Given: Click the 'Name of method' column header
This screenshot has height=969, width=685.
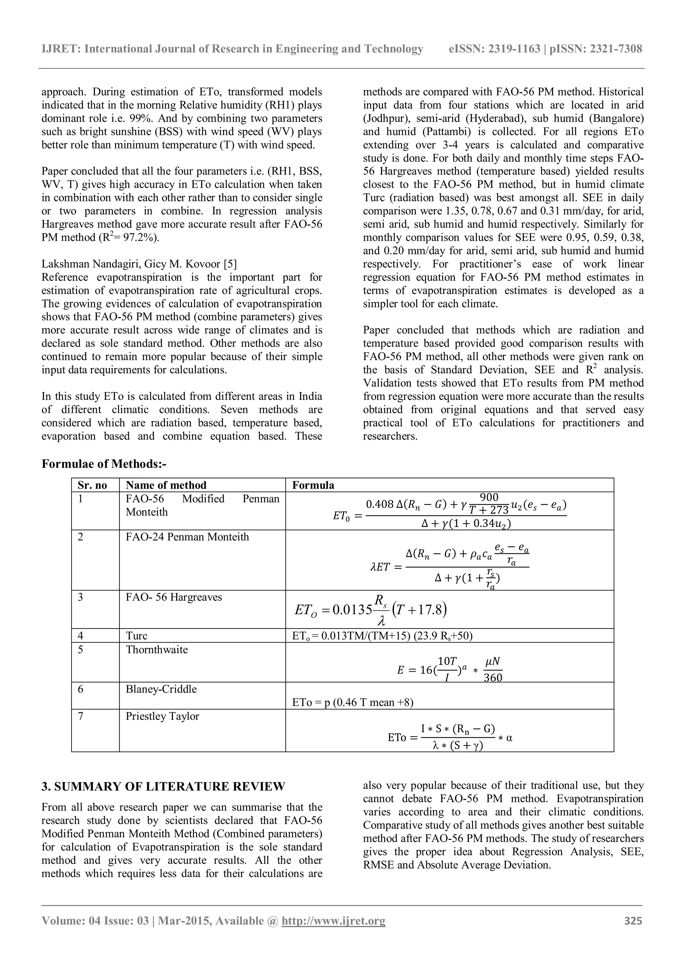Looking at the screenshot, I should [x=166, y=485].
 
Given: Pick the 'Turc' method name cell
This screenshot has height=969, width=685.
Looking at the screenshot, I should [x=137, y=636].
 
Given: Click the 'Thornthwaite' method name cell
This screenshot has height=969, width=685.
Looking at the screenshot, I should [x=157, y=650].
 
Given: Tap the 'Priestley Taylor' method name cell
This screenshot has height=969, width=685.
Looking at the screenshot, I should [x=162, y=716].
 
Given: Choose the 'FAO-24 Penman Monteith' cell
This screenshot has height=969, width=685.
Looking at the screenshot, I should [x=187, y=537].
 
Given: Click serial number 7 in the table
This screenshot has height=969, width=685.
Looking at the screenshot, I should [x=81, y=716].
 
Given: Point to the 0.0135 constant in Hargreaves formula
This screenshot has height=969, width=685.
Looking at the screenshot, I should [x=352, y=610].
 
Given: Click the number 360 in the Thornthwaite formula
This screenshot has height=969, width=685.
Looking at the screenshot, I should [x=493, y=677].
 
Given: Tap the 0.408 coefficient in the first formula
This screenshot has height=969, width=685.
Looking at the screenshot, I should [x=379, y=504].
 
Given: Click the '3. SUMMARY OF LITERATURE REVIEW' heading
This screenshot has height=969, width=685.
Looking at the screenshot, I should [x=163, y=787].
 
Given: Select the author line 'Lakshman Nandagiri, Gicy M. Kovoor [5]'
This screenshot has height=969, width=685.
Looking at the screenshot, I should [x=139, y=264].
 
